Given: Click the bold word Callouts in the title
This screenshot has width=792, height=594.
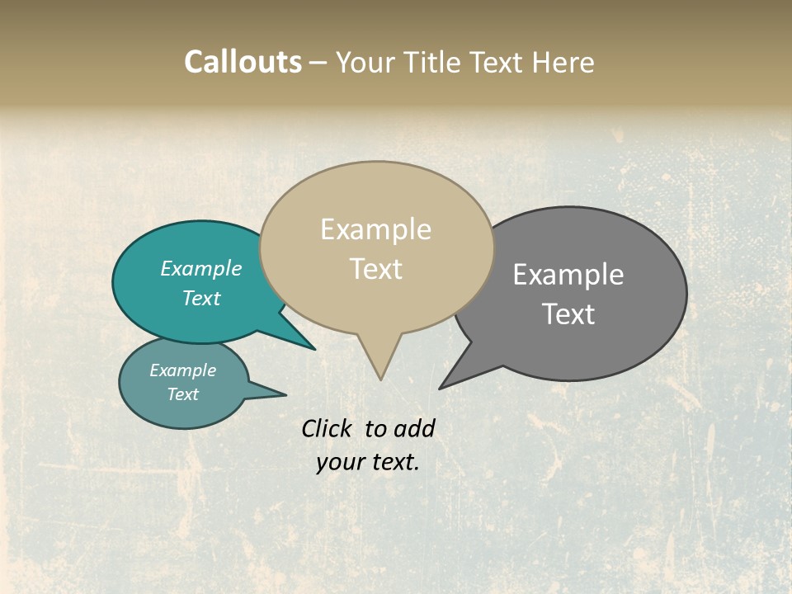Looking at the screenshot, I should click(243, 62).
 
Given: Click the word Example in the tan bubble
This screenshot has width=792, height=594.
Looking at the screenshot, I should click(375, 229).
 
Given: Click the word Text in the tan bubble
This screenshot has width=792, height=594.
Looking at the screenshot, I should click(376, 269).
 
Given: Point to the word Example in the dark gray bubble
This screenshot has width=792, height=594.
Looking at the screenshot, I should click(568, 274).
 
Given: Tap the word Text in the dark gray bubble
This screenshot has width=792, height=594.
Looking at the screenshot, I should click(568, 314).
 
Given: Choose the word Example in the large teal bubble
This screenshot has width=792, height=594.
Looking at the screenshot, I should click(201, 268).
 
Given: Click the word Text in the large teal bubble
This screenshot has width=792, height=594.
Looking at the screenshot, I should click(201, 298).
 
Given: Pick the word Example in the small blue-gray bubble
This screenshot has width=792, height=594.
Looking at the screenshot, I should click(182, 370).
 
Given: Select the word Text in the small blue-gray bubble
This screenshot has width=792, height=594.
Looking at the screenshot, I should click(182, 394).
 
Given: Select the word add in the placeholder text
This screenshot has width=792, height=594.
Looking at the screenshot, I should click(414, 428).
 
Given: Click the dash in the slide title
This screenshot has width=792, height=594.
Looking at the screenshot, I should click(319, 63).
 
